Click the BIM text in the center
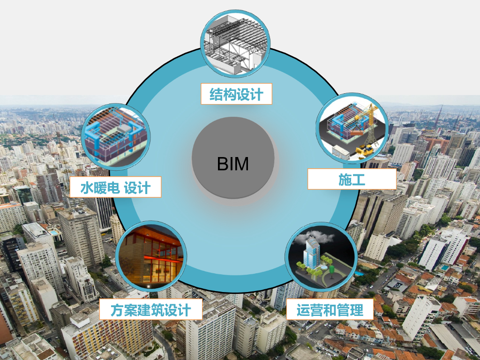(x=233, y=164)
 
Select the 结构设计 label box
(x=236, y=94)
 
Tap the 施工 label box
(x=352, y=179)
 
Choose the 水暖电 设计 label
(x=115, y=187)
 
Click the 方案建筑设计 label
(x=150, y=310)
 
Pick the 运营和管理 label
(x=330, y=310)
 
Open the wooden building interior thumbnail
(x=151, y=256)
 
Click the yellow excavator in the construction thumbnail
(x=365, y=150)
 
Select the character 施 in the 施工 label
(x=345, y=179)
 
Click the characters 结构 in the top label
(x=223, y=94)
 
